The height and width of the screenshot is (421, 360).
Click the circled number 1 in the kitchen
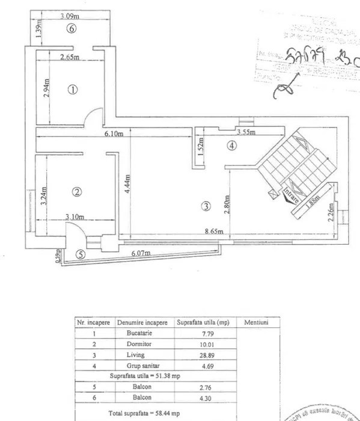pyautogui.click(x=72, y=90)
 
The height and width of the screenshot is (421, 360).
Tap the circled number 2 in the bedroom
pyautogui.click(x=76, y=192)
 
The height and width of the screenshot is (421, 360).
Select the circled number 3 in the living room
pyautogui.click(x=206, y=206)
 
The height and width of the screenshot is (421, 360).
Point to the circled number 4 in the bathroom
pyautogui.click(x=231, y=145)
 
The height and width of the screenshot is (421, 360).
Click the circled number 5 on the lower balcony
pyautogui.click(x=81, y=254)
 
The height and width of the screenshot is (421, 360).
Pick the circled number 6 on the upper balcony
pyautogui.click(x=72, y=29)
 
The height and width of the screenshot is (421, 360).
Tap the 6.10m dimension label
pyautogui.click(x=114, y=134)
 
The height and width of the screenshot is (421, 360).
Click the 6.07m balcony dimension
pyautogui.click(x=142, y=254)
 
